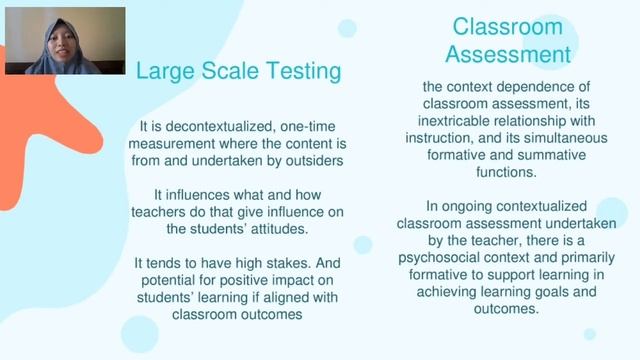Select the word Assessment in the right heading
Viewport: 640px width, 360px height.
tap(508, 53)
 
